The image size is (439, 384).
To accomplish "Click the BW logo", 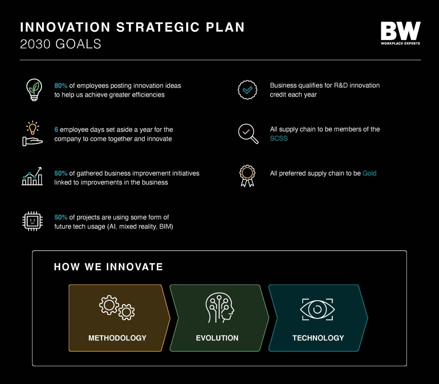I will point(400,33).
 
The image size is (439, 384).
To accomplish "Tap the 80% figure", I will point(61,86).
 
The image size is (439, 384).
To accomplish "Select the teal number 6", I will point(56,130).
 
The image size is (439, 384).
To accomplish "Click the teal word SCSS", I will point(279,139).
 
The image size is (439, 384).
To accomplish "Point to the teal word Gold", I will point(369,173).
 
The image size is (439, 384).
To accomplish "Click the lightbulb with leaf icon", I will point(34,90).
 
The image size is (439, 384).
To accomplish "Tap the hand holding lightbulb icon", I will point(32,133).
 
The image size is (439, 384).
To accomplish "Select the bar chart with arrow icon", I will point(32,177).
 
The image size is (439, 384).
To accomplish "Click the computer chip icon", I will point(33,221).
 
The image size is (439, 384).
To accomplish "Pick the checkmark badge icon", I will point(248,90).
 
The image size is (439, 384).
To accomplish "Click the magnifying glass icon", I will point(248,133).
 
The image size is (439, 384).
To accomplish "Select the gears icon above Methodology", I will point(117,308).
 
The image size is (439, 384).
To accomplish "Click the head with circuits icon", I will point(219,308).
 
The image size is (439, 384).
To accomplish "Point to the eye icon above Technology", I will point(317,309).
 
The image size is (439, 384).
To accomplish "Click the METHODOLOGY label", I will point(117,338).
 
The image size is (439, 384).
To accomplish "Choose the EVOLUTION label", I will point(217,338).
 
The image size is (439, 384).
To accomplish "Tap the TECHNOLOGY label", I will point(318,338).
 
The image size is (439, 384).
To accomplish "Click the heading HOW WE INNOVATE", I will point(108,267).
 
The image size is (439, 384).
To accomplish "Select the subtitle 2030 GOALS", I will point(61,44).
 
